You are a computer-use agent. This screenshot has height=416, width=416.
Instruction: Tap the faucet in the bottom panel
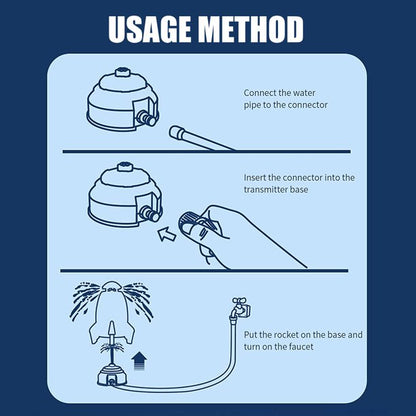tap(238, 306)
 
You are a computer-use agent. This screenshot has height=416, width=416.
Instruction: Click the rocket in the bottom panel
tap(107, 312)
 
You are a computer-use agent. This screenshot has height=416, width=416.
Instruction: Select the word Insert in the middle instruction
tap(257, 177)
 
